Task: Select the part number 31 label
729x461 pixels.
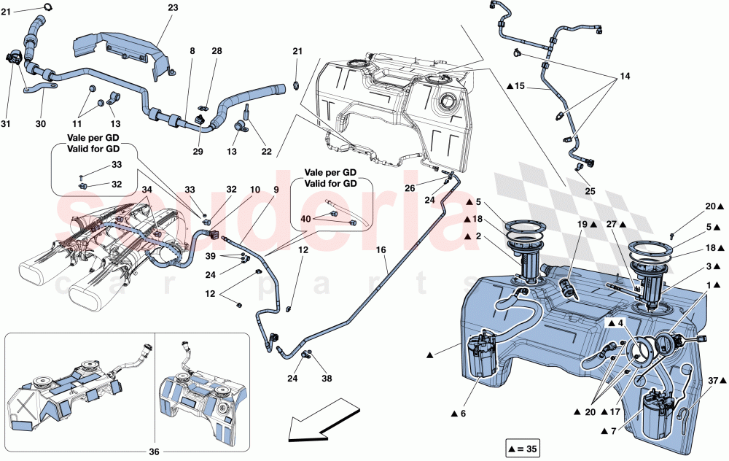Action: click(x=7, y=124)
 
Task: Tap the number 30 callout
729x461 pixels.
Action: click(x=41, y=124)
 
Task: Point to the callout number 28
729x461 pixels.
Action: click(x=217, y=50)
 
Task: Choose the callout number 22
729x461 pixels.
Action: click(x=267, y=151)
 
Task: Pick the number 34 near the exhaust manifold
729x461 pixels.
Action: click(x=147, y=189)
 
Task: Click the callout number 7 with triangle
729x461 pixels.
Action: click(x=615, y=432)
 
